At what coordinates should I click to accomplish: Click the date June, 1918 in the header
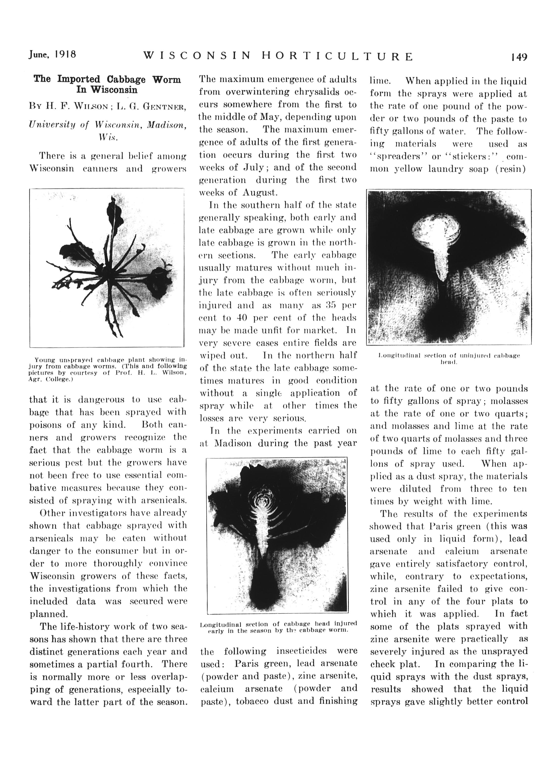pyautogui.click(x=52, y=55)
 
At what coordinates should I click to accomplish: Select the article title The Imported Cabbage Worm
pyautogui.click(x=107, y=80)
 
